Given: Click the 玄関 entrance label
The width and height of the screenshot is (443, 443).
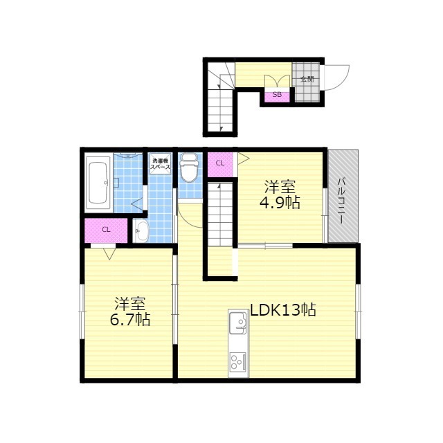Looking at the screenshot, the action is tap(307, 79).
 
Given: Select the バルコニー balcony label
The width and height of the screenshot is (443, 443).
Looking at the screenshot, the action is tap(342, 200).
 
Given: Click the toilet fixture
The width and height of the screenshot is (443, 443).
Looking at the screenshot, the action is tap(188, 168).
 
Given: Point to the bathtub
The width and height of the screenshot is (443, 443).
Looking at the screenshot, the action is tap(98, 183).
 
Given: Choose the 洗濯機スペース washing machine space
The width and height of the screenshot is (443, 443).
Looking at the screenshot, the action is tap(160, 164).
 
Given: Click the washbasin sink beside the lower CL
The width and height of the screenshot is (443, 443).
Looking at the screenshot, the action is tap(141, 231).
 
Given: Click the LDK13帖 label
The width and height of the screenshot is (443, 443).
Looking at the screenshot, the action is tap(283, 310).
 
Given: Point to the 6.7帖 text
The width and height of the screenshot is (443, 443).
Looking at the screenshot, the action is tap(129, 320).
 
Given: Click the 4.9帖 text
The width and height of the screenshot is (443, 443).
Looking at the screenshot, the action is tap(280, 202).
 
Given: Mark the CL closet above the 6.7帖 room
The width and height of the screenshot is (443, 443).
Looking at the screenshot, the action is tap(106, 230).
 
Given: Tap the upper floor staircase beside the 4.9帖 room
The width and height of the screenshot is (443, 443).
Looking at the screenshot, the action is tap(220, 214).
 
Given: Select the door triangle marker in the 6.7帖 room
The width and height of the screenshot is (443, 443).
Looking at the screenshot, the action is tap(109, 253).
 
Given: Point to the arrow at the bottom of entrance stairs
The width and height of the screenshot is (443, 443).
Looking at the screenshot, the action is tap(221, 129).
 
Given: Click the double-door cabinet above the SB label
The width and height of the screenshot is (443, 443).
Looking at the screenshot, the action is tap(277, 81).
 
